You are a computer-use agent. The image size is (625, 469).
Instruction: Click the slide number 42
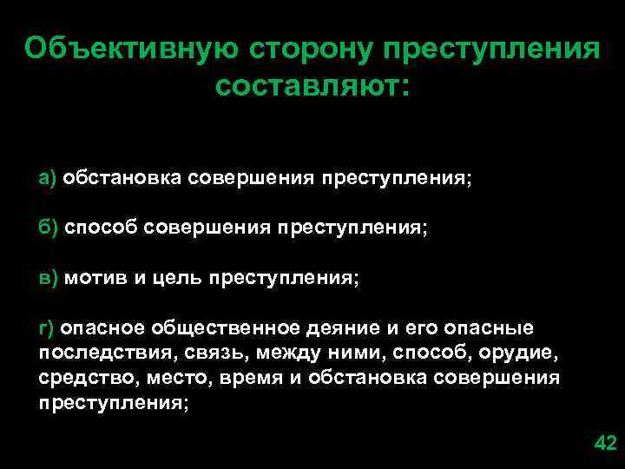(x=603, y=445)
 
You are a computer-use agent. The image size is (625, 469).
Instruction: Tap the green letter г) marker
(x=47, y=328)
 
